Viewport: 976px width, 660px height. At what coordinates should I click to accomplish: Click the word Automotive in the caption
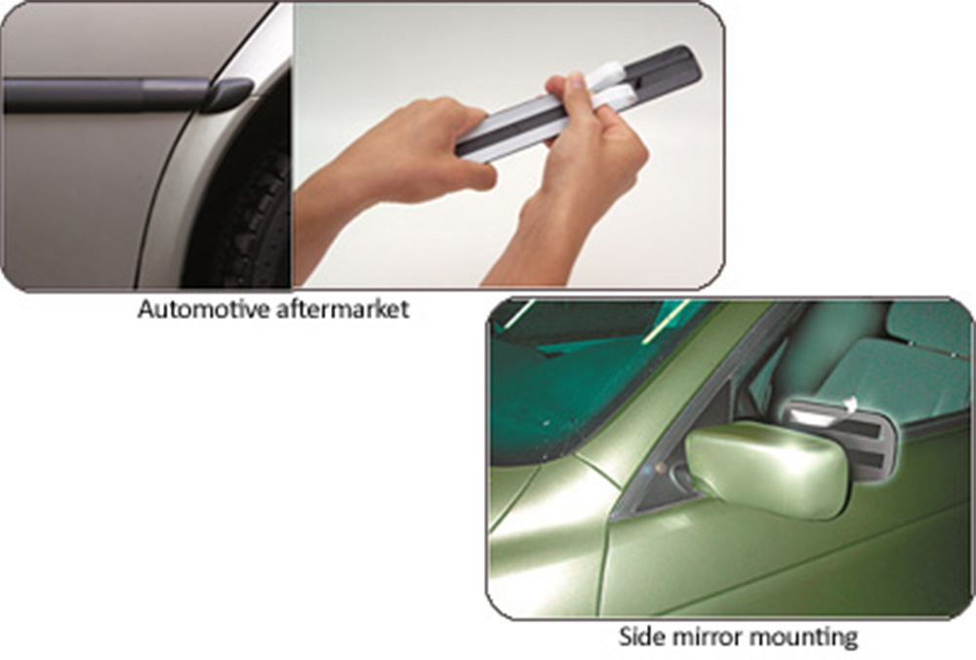pyautogui.click(x=204, y=309)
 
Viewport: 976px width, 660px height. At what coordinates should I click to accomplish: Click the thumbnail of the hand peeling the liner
pyautogui.click(x=578, y=81)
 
